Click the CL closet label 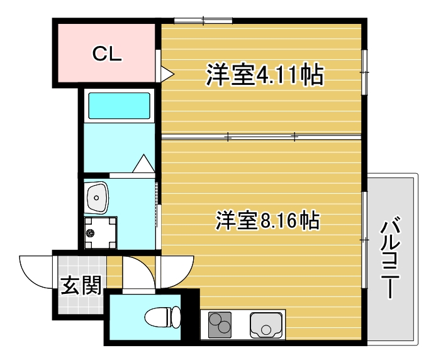(x=106, y=54)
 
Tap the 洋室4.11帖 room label (x=264, y=76)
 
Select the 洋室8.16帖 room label (x=268, y=220)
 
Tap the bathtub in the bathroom (x=120, y=106)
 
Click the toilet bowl (x=162, y=317)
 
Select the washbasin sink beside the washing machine (x=98, y=198)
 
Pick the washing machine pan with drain (x=101, y=233)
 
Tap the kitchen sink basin (x=267, y=325)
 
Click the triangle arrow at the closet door (x=167, y=74)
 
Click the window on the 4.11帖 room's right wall (x=364, y=73)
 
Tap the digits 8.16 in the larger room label (x=277, y=221)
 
